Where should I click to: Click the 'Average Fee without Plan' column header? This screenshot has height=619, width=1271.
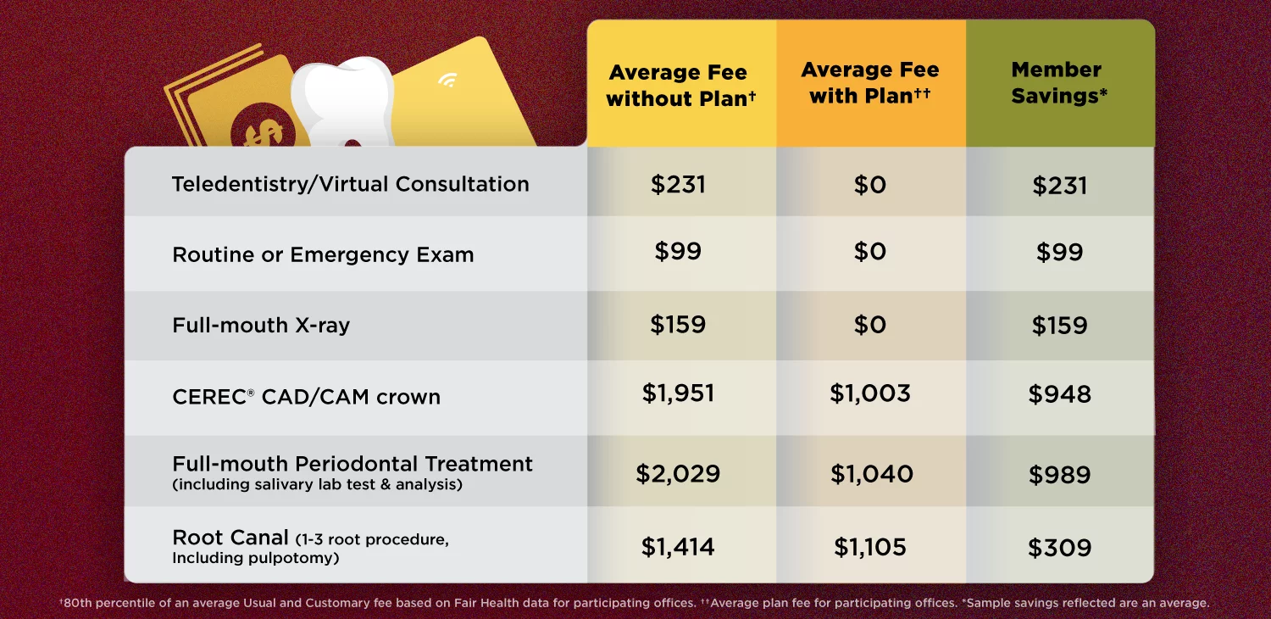pos(681,85)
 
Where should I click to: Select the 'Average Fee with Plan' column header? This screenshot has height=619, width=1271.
pos(870,82)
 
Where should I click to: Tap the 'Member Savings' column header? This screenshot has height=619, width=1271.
pos(1059,82)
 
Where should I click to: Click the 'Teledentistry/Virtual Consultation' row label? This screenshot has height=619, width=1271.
pos(350,184)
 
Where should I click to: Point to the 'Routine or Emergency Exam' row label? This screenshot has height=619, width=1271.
pos(323,254)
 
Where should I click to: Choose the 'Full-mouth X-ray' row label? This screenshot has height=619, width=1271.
pos(261,325)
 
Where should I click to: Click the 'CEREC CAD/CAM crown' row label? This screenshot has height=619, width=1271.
pos(306,397)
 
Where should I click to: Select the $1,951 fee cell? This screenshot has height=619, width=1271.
pos(678,393)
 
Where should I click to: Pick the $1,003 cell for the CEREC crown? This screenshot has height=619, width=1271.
pos(870,393)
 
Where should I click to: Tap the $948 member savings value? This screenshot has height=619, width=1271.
pos(1059,394)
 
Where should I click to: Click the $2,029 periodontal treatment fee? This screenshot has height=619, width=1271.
pos(678,474)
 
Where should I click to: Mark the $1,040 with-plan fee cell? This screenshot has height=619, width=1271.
pos(871,474)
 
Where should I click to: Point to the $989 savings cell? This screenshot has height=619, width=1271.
pos(1059,475)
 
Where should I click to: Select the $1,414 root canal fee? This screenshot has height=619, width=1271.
pos(678,547)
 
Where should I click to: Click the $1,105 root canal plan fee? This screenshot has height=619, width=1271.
pos(870,547)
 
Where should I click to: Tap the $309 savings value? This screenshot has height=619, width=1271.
pos(1059,548)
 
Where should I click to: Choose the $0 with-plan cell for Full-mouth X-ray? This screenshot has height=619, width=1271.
pos(870,325)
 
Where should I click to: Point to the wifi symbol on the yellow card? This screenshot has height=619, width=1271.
pos(447,81)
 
